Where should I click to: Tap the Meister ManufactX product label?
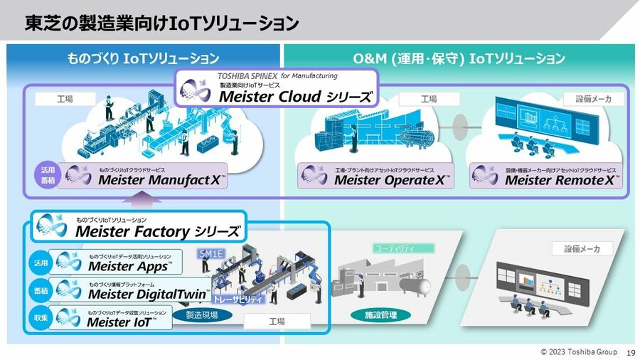coord(143,176)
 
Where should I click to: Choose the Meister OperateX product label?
coord(375,176)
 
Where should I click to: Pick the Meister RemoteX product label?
coord(545,176)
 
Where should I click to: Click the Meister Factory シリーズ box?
coord(139,226)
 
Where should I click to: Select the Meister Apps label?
coord(117,263)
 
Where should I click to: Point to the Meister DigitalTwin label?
coord(132,291)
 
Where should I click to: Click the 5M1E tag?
coord(212,253)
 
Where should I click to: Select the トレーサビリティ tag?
coord(238,300)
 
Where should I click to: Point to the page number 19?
coord(630,352)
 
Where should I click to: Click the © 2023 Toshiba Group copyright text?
coord(578,352)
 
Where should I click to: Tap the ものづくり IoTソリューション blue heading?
coord(143,58)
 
